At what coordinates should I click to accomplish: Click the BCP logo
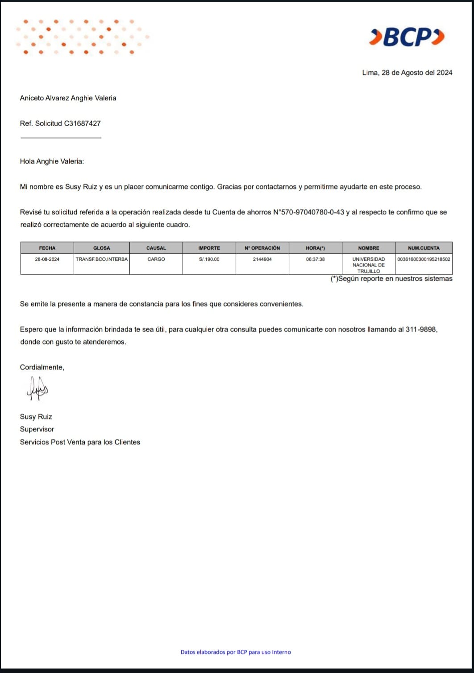tap(407, 37)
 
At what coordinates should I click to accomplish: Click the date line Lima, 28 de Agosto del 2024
tap(407, 73)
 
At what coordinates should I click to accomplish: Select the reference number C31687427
tap(83, 123)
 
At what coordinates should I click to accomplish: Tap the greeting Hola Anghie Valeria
tap(52, 161)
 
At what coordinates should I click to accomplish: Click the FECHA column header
tap(47, 248)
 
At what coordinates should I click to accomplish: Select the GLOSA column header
tap(102, 248)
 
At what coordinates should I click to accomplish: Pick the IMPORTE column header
tap(209, 248)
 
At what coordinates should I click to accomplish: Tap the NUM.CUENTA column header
tap(424, 248)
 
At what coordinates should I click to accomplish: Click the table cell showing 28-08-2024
tap(47, 259)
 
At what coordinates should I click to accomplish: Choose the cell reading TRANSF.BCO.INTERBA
tap(102, 259)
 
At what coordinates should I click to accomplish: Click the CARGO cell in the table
tap(156, 259)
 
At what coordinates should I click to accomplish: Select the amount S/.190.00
tap(209, 259)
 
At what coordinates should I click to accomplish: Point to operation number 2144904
tap(262, 259)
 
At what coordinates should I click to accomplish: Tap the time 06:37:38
tap(315, 259)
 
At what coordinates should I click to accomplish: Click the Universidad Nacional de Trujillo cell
tap(369, 265)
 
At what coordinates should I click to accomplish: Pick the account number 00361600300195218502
tap(424, 259)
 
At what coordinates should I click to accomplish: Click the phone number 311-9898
tap(421, 329)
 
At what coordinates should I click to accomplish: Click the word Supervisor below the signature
tap(37, 429)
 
